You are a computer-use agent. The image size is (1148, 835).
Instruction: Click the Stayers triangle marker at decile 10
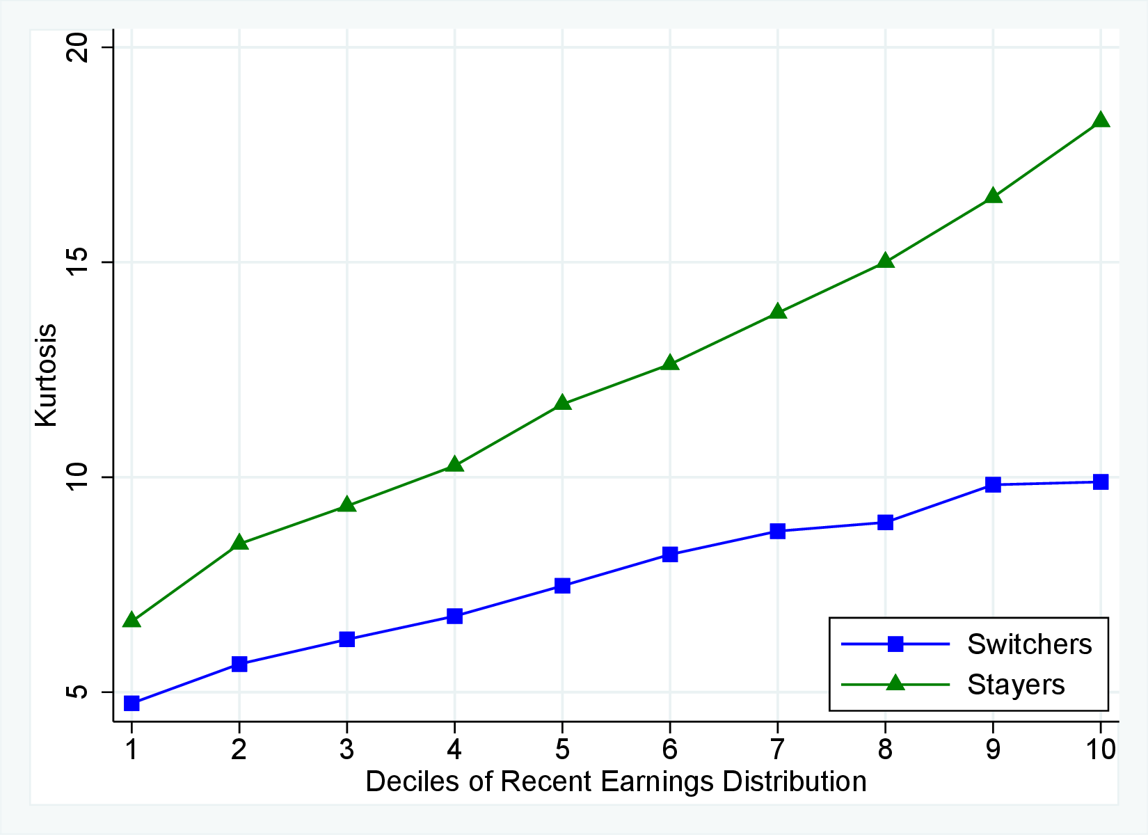click(1101, 120)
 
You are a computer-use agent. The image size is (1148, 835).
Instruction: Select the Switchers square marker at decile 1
click(131, 703)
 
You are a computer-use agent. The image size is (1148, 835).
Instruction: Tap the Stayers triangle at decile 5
click(562, 403)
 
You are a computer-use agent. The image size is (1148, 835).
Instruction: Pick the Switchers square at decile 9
click(993, 484)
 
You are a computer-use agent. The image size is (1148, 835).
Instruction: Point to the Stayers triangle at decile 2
click(239, 543)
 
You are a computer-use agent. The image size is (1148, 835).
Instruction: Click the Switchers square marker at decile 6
click(670, 555)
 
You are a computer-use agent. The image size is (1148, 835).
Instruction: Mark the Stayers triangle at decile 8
click(885, 261)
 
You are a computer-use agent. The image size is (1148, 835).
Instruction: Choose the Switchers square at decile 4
click(454, 616)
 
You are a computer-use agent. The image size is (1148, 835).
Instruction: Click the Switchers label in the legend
click(1029, 644)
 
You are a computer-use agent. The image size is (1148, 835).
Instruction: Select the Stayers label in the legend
click(1016, 685)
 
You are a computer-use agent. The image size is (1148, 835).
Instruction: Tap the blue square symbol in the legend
click(895, 644)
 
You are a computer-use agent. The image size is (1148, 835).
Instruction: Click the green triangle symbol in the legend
click(895, 683)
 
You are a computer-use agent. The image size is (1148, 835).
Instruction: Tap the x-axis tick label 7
click(777, 749)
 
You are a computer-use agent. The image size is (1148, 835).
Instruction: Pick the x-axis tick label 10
click(1100, 749)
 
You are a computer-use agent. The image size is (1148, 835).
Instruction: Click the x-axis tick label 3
click(346, 749)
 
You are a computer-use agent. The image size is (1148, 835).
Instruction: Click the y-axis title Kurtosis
click(47, 376)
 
